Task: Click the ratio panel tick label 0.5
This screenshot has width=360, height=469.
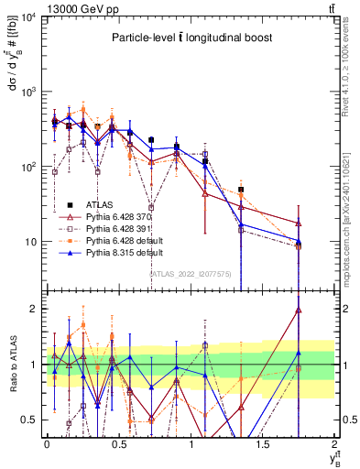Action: [x=30, y=420]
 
